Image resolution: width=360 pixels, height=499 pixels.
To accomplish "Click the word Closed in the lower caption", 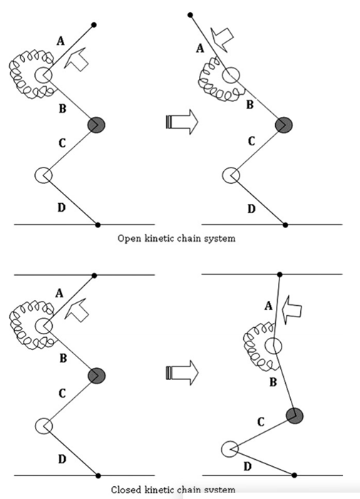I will tap(128, 490).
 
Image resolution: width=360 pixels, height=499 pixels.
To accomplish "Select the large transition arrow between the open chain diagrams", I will tap(180, 121).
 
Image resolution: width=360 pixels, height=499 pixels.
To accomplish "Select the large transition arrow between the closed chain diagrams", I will tap(180, 373).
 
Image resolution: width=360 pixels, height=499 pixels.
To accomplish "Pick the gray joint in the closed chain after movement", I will tap(294, 415).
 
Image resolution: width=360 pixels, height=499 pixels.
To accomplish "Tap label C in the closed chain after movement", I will tap(261, 422).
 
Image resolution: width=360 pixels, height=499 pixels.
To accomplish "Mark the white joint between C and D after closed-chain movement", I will tap(229, 449).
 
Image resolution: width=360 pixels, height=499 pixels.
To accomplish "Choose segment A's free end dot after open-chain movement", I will tap(190, 14).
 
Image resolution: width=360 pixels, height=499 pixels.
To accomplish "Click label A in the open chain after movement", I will tap(200, 48).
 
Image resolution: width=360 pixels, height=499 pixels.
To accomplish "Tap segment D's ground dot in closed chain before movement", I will tap(98, 475).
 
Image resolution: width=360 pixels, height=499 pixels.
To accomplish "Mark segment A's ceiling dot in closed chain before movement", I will tap(94, 274).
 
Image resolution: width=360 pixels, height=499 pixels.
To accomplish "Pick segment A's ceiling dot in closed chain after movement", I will tap(279, 274).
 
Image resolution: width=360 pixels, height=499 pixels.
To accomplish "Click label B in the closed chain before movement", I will tap(63, 358).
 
